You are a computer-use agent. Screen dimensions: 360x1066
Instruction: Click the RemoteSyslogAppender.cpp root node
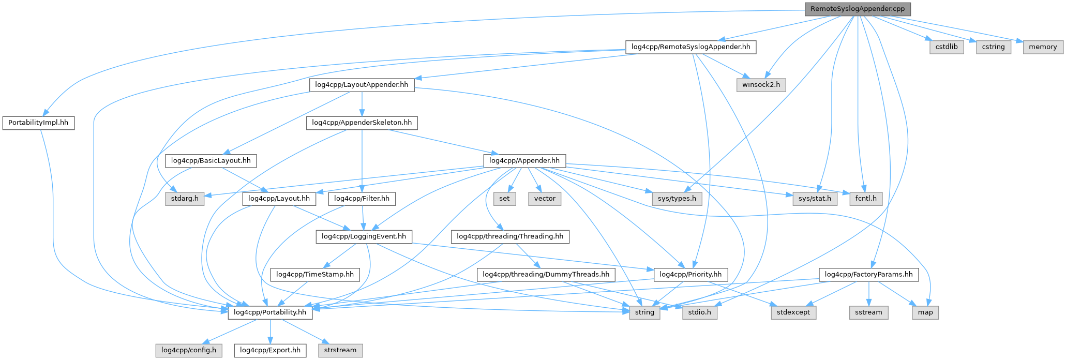point(857,9)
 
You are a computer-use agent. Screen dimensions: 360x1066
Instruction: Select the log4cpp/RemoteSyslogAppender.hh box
point(690,47)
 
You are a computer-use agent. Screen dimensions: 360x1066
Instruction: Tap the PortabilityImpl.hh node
point(38,123)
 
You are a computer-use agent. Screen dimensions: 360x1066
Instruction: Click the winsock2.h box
point(761,85)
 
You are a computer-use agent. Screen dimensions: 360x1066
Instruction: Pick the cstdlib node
point(947,47)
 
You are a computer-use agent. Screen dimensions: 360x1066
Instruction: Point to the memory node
point(1043,47)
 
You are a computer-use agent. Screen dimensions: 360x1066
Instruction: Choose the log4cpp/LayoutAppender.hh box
point(362,85)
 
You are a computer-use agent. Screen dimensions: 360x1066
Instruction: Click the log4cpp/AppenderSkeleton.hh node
point(362,123)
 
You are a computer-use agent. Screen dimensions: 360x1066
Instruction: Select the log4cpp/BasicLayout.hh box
point(211,161)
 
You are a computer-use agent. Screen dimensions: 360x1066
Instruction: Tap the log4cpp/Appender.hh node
point(524,161)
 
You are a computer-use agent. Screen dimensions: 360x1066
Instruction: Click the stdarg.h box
point(185,199)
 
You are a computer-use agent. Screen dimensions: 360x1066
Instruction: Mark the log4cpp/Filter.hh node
point(362,199)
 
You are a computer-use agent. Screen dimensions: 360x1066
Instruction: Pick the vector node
point(545,199)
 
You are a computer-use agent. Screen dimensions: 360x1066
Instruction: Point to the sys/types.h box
point(677,199)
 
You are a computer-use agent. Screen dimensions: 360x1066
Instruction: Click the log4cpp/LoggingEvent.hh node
point(364,237)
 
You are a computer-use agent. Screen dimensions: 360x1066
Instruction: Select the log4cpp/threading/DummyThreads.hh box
point(546,275)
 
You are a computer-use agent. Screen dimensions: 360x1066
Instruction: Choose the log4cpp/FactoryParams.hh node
point(869,275)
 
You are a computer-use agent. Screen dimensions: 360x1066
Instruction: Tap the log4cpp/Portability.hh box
point(270,312)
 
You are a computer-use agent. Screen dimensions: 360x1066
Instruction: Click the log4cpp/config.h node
point(189,350)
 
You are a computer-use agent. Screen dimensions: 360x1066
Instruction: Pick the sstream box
point(868,312)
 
